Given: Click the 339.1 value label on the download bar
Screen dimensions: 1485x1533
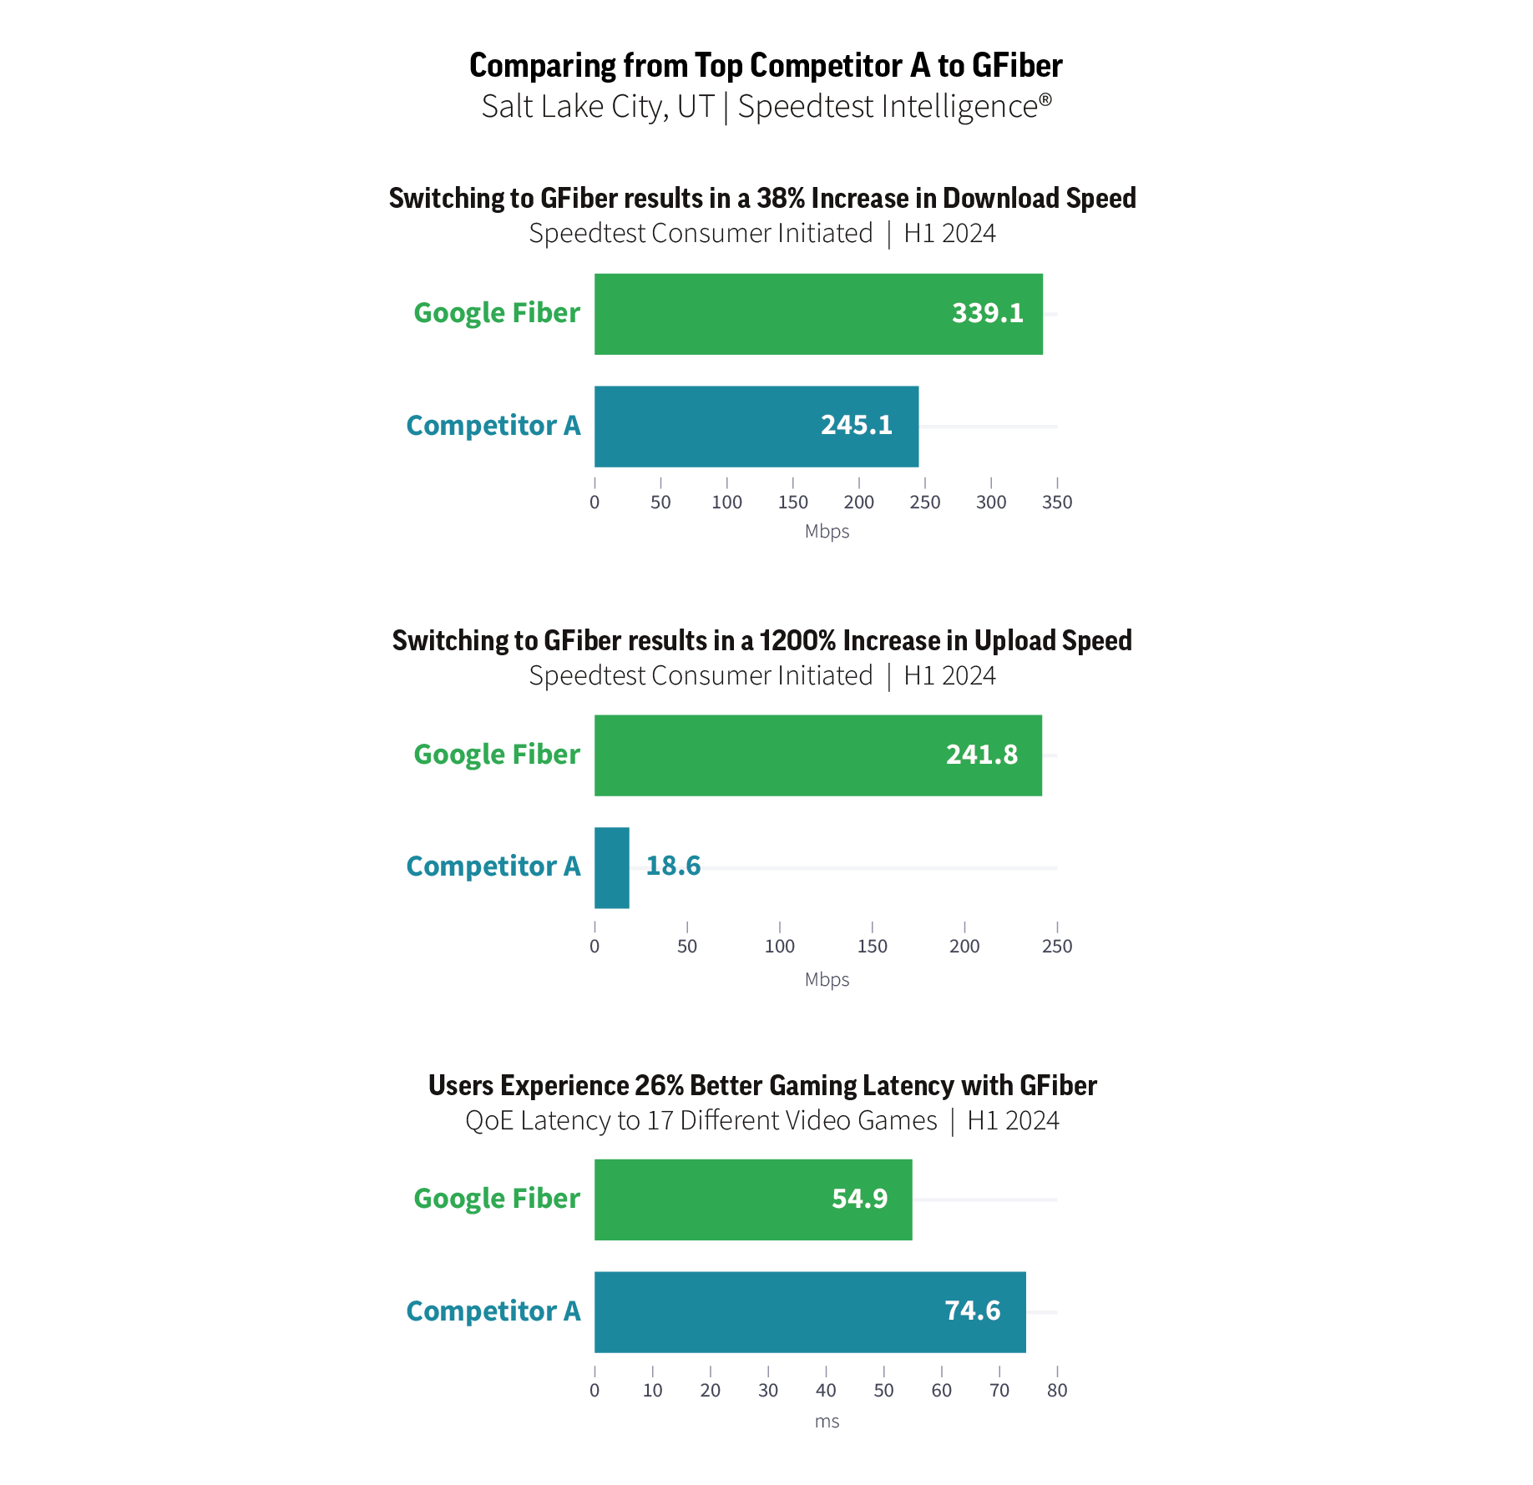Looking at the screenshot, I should pyautogui.click(x=987, y=313).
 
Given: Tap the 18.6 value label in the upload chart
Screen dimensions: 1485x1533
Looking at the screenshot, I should pyautogui.click(x=673, y=866).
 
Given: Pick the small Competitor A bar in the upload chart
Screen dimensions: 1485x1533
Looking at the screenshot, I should pyautogui.click(x=611, y=868).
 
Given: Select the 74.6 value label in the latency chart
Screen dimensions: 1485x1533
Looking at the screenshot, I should pyautogui.click(x=972, y=1311).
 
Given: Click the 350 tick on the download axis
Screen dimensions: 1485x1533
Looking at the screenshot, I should pyautogui.click(x=1057, y=503).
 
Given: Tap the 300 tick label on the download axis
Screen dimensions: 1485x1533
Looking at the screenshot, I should pyautogui.click(x=991, y=503).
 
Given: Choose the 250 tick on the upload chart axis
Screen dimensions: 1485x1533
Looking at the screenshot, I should pyautogui.click(x=1057, y=947).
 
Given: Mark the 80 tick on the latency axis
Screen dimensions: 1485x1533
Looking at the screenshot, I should pyautogui.click(x=1057, y=1391).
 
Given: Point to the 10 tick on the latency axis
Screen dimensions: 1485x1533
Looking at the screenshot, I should pyautogui.click(x=652, y=1391).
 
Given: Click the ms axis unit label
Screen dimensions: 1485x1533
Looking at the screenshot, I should pyautogui.click(x=827, y=1422).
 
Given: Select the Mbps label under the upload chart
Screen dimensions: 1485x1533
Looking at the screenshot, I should pyautogui.click(x=827, y=980).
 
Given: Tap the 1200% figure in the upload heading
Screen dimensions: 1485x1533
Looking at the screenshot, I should pyautogui.click(x=797, y=641).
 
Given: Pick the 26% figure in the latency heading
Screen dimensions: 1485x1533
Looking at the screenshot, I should pyautogui.click(x=659, y=1086).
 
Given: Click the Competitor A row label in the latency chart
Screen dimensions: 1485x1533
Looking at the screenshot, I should pyautogui.click(x=493, y=1311).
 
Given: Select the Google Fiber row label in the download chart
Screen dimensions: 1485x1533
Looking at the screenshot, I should pyautogui.click(x=497, y=313).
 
